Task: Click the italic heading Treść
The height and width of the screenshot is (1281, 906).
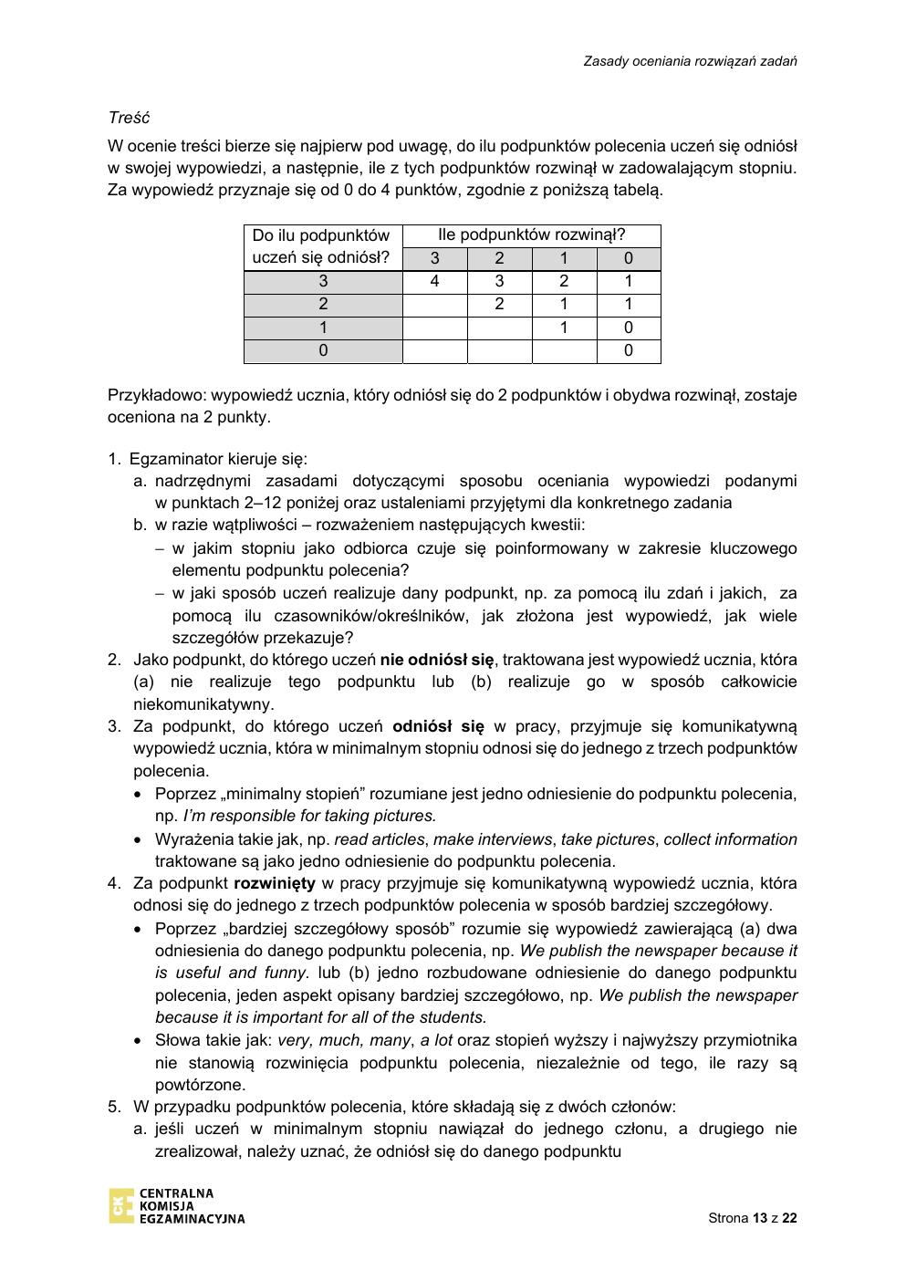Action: click(129, 118)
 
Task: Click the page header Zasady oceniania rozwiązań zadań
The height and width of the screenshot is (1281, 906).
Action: click(691, 61)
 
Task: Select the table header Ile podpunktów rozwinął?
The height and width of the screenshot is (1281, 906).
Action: click(531, 234)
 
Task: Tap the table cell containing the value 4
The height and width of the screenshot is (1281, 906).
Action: click(434, 281)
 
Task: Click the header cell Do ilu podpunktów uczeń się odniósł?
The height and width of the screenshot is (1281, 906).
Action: click(323, 246)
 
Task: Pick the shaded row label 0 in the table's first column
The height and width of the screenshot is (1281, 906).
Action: click(323, 350)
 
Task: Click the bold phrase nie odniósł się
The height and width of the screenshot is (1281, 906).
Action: click(437, 659)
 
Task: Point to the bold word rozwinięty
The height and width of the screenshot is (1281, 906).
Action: click(275, 882)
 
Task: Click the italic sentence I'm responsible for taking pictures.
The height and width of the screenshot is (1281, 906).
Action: click(309, 816)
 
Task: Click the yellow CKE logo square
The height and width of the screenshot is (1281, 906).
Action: click(120, 1205)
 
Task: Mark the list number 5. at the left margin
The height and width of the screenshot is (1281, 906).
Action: click(114, 1106)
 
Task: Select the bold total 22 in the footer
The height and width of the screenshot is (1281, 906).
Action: click(789, 1218)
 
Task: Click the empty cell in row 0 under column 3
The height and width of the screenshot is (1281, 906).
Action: click(434, 350)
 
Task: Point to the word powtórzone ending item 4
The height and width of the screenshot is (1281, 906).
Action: click(200, 1084)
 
